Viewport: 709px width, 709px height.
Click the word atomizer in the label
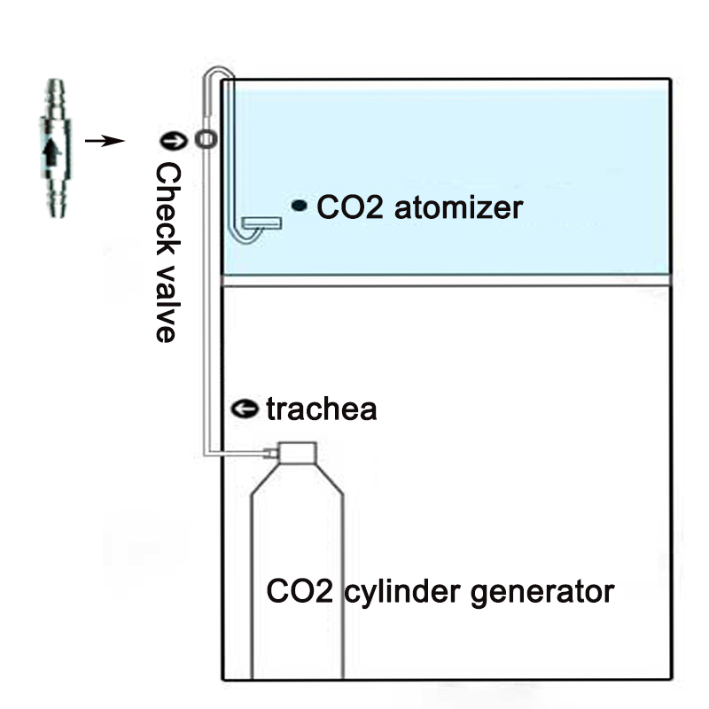click(x=458, y=207)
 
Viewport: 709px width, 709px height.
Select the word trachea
click(x=322, y=409)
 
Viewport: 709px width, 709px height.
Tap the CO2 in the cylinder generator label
click(x=300, y=590)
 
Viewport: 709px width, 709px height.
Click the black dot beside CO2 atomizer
click(x=300, y=206)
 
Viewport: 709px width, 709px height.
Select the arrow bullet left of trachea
click(x=245, y=409)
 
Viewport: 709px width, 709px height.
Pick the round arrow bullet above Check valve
click(x=174, y=141)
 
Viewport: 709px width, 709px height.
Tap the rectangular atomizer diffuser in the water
click(x=261, y=223)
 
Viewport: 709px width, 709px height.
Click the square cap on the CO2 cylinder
click(x=297, y=453)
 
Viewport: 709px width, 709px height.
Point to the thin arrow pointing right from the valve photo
click(x=105, y=141)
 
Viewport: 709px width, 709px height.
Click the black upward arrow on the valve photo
click(x=52, y=152)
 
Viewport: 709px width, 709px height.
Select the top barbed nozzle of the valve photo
click(x=56, y=98)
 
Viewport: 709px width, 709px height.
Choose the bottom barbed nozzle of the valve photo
click(x=58, y=198)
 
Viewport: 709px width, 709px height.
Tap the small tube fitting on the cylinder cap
click(x=270, y=452)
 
